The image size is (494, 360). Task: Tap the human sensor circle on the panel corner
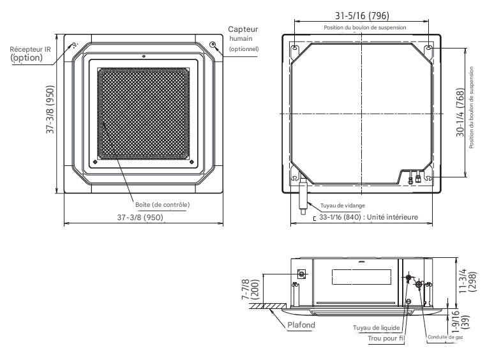(x=213, y=44)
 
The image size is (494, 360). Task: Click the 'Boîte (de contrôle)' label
(x=163, y=204)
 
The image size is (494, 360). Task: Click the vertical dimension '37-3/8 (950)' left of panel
(x=50, y=112)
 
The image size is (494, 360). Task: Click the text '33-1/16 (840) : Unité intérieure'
(x=368, y=217)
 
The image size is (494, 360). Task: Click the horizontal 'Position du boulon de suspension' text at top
(x=361, y=27)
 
